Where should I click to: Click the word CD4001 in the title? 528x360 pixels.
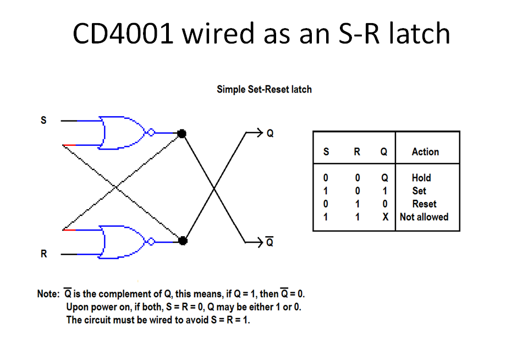122,34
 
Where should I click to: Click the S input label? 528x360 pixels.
43,119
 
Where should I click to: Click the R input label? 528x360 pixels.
43,254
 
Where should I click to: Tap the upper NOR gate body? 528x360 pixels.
121,133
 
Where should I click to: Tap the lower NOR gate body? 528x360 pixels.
121,241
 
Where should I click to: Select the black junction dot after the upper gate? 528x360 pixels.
183,133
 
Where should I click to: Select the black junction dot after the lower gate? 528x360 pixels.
183,241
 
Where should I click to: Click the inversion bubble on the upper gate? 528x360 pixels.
152,133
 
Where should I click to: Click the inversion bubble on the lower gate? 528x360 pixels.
152,241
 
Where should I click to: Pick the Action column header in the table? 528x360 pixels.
425,151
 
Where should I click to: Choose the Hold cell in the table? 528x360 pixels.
421,178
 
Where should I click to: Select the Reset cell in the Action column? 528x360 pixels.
424,204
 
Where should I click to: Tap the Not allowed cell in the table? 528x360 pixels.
424,217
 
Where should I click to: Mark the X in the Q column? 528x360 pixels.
386,217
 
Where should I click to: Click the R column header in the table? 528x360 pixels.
357,151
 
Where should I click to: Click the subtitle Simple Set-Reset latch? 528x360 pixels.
264,89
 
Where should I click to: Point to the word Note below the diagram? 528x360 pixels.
47,294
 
